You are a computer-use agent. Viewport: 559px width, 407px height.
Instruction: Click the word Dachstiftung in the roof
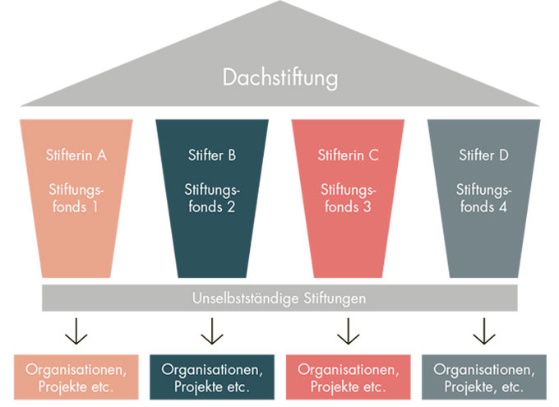(x=280, y=78)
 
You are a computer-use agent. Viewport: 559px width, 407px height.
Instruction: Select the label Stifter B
(x=211, y=154)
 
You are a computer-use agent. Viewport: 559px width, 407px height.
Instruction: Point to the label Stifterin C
(x=348, y=154)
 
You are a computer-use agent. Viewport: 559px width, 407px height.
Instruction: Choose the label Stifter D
(x=483, y=154)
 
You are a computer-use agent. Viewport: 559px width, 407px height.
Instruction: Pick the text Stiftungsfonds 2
(x=211, y=198)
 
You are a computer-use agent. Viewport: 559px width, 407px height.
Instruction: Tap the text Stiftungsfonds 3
(x=348, y=198)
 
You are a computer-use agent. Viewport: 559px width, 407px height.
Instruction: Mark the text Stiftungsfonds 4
(x=483, y=198)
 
